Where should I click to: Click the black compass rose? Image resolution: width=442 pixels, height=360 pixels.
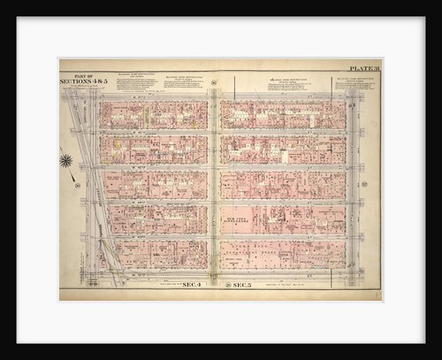66,160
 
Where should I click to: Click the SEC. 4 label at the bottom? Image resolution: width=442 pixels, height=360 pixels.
193,285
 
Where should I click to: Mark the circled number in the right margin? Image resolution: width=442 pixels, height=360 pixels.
365,184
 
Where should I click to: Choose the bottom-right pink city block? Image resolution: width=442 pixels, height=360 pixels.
282,254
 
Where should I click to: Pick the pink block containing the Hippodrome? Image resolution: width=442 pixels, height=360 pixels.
282,219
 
